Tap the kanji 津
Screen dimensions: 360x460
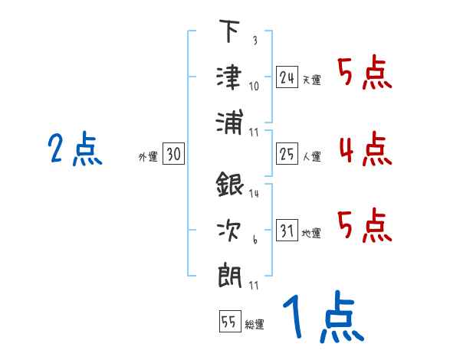[x=229, y=77]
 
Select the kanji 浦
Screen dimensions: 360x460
[x=229, y=122]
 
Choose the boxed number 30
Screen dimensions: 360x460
[x=173, y=155]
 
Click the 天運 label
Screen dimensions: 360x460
[x=311, y=80]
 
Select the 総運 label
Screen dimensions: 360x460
[x=254, y=324]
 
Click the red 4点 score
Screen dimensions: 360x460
[x=364, y=149]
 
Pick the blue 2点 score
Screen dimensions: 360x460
[x=75, y=149]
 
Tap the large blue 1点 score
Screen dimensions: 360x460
[x=322, y=319]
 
